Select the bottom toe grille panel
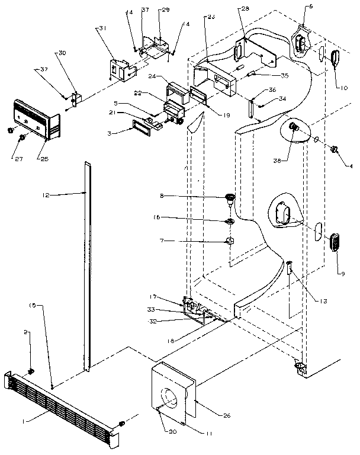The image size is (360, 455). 65,403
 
